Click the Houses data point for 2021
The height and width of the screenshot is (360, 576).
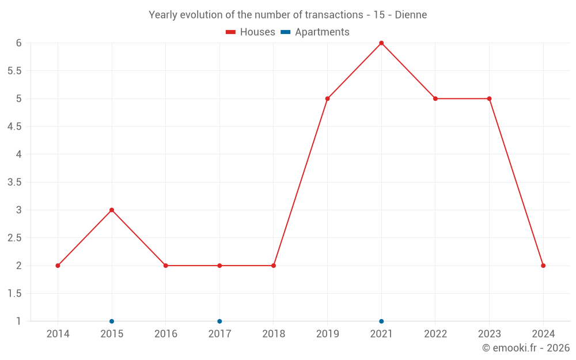(381, 43)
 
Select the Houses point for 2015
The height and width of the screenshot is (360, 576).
(112, 210)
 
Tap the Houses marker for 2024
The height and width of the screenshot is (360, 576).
(543, 266)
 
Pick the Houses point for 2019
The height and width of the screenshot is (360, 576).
(327, 98)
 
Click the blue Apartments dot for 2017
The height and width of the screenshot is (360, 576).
(219, 321)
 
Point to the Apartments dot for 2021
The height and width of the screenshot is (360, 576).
(381, 321)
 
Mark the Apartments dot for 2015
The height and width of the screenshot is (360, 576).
(112, 321)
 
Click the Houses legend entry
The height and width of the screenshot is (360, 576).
(251, 32)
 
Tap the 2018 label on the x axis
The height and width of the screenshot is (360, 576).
(274, 334)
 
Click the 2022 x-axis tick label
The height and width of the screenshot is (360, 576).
(435, 334)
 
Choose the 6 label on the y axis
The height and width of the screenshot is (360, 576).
(18, 43)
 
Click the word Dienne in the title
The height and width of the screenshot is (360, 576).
(411, 15)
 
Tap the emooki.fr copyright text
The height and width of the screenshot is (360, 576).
(526, 348)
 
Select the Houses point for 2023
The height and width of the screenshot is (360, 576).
(489, 98)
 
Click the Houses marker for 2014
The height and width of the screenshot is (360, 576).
(58, 266)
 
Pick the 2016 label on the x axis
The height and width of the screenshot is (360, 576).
(165, 334)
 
